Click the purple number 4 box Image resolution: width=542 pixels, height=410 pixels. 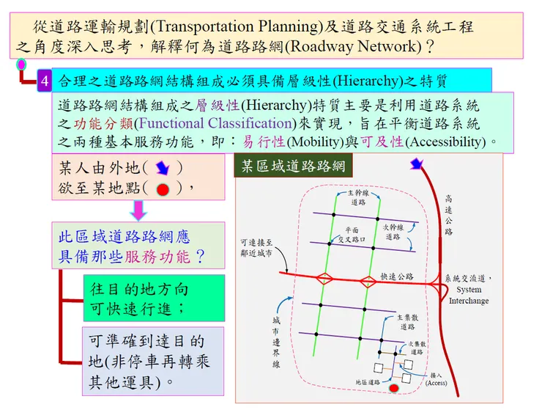(45, 81)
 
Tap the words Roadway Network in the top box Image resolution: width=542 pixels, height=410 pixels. (353, 46)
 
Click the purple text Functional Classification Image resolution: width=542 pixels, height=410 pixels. (215, 123)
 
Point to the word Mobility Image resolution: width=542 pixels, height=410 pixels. (313, 142)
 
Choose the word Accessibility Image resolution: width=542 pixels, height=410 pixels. (445, 142)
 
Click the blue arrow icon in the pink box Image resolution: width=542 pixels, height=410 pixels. (163, 168)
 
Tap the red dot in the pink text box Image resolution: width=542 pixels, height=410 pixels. (163, 189)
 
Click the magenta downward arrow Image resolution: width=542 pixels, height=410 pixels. (138, 211)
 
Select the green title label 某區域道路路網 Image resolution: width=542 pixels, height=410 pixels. (293, 166)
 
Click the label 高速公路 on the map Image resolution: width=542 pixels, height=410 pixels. (448, 215)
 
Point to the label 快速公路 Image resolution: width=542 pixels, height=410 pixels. (397, 277)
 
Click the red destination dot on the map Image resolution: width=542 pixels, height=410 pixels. (394, 388)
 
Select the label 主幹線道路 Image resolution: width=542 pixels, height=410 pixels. (358, 197)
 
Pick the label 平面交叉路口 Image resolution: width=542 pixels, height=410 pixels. (352, 235)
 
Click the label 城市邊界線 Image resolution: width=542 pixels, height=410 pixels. (276, 342)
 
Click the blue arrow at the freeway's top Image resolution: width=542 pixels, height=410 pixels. (417, 164)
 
